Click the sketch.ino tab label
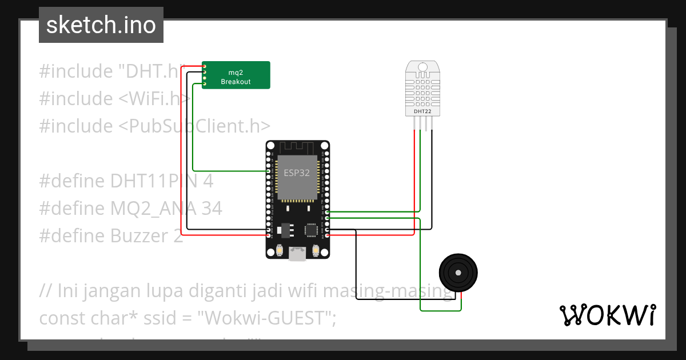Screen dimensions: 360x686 101,25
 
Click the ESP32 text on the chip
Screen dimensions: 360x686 297,173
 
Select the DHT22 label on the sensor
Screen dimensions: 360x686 422,111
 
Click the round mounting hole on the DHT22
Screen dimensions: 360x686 422,67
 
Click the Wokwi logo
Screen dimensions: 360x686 607,315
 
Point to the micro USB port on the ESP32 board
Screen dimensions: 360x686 297,254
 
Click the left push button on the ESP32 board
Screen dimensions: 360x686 280,250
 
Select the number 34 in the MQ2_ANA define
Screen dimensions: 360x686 211,209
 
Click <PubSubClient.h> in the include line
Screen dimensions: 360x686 194,126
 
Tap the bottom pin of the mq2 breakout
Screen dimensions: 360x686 205,85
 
